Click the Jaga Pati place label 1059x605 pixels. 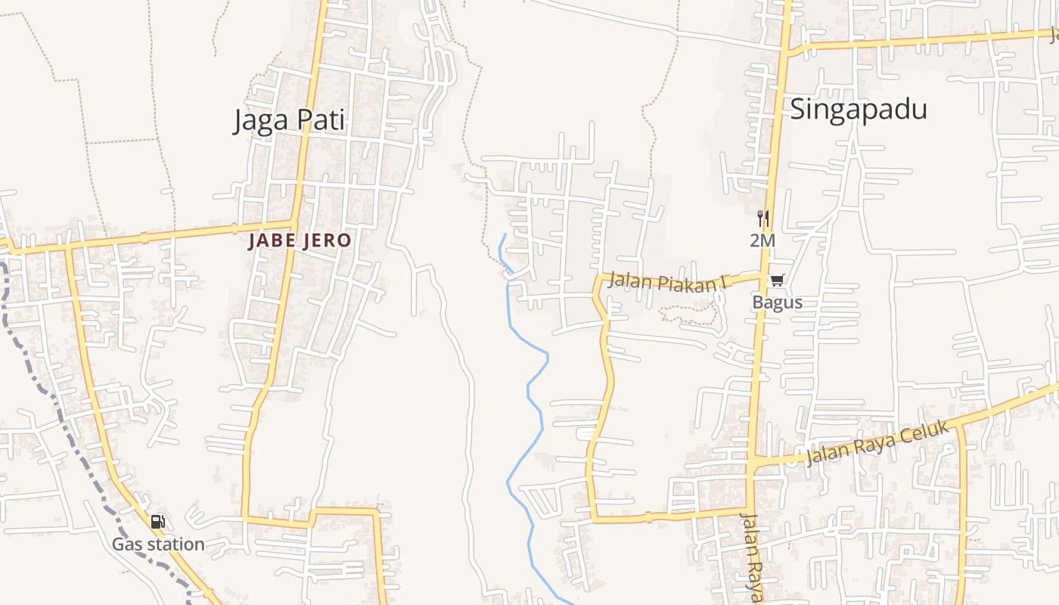289,120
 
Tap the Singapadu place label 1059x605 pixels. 859,109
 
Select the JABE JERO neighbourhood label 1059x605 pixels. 300,240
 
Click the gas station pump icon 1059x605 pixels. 157,521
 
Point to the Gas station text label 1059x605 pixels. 158,544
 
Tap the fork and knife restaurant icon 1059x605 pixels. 762,219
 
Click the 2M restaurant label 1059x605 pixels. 762,240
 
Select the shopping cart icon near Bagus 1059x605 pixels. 777,281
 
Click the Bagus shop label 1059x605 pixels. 777,302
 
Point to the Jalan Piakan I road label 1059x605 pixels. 666,282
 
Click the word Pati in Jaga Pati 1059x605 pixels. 321,120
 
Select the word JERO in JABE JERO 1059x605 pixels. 328,240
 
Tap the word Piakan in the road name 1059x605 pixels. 680,283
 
